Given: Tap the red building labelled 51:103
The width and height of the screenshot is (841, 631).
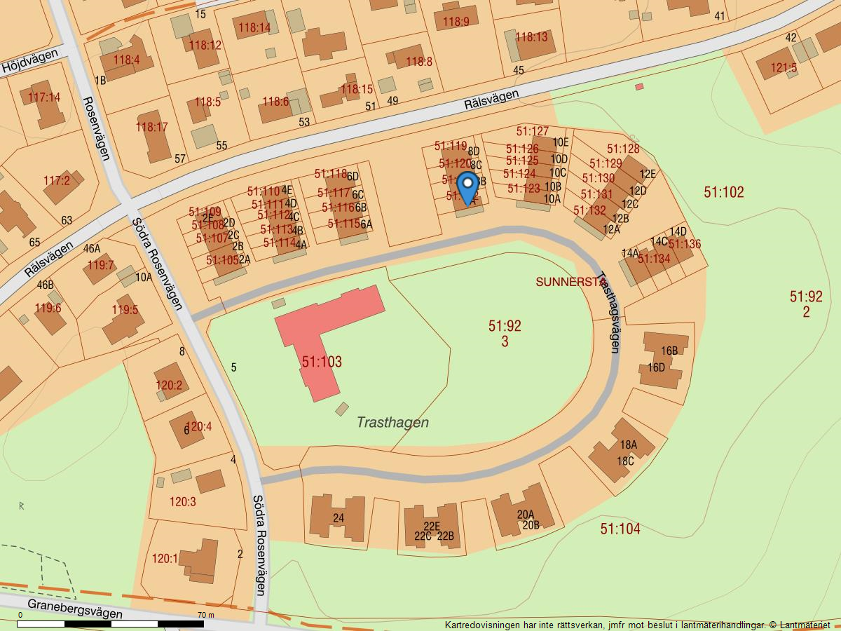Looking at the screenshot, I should (x=322, y=351).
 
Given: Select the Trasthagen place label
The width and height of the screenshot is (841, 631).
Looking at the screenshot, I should (x=392, y=422).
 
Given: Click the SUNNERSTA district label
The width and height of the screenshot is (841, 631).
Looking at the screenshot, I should (x=569, y=282).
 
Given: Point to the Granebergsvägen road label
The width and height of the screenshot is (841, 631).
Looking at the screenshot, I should (x=75, y=609).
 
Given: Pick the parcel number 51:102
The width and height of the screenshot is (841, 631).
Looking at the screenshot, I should (x=724, y=192).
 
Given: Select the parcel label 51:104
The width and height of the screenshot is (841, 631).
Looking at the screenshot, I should (x=620, y=529).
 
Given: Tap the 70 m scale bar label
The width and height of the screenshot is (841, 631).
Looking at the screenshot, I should (x=205, y=615).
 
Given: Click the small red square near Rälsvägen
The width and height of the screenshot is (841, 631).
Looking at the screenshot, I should (x=639, y=87).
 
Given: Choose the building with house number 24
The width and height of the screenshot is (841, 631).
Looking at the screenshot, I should (x=338, y=517).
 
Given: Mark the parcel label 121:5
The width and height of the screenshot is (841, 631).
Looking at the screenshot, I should (x=784, y=68).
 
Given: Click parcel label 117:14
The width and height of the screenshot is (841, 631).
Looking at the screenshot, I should (x=45, y=97).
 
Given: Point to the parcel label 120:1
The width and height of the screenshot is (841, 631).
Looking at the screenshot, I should (x=165, y=559).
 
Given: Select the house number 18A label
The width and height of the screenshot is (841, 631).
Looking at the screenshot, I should (x=628, y=445).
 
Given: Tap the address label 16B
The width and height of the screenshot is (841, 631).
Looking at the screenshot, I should (x=669, y=351).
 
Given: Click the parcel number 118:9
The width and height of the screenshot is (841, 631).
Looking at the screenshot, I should (x=456, y=22).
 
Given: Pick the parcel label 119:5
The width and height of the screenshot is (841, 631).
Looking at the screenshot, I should (x=125, y=310).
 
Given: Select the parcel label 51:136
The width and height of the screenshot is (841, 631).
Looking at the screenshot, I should (x=684, y=244).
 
